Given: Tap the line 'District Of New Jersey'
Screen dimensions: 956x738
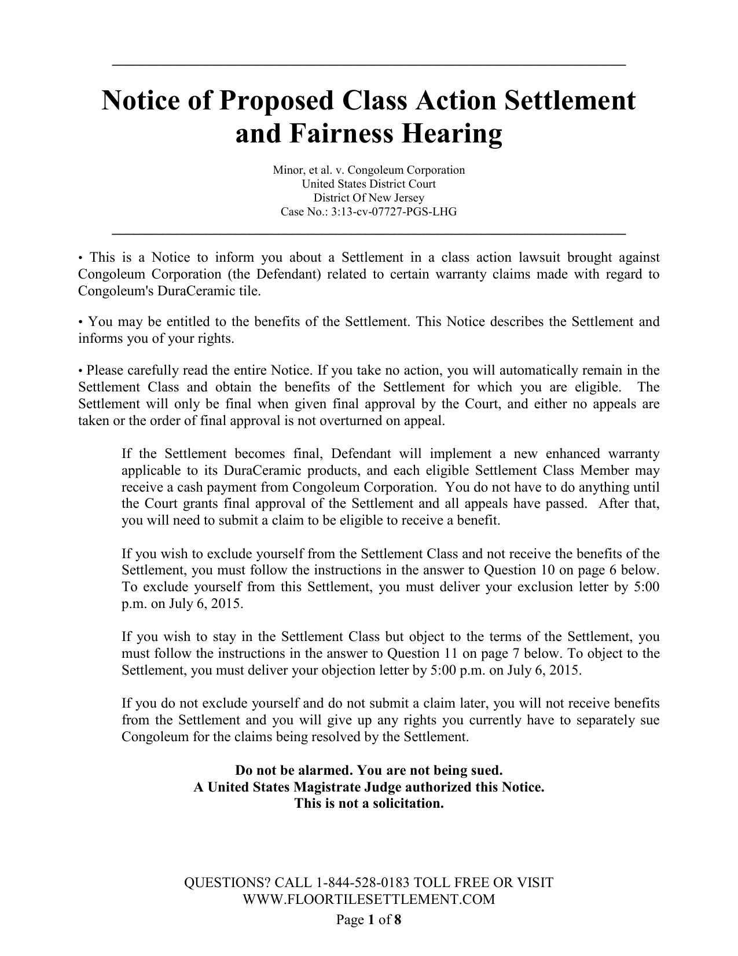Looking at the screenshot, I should [x=369, y=198].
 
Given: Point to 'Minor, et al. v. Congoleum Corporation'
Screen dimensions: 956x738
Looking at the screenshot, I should [x=369, y=170].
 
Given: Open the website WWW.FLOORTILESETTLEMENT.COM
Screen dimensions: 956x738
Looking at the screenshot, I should [x=369, y=899].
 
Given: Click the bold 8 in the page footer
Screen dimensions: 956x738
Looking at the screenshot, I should [x=398, y=920].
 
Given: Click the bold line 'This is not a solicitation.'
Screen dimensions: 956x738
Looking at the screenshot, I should [x=369, y=804].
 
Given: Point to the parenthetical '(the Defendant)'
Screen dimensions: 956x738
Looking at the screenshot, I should [x=276, y=274].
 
